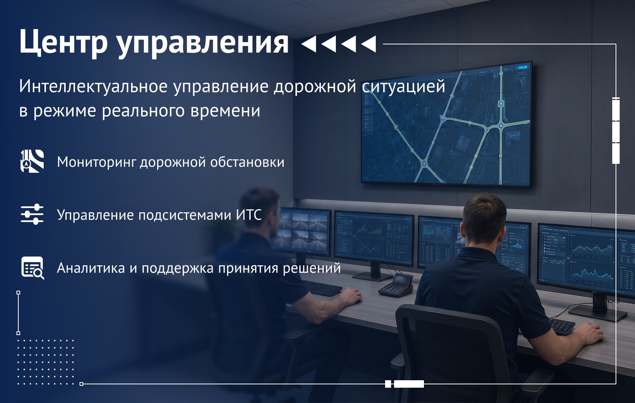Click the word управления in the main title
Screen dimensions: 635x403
(x=203, y=43)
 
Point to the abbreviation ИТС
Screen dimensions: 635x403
(x=249, y=215)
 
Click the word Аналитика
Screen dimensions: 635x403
(x=91, y=268)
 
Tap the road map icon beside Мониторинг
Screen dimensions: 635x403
(x=32, y=161)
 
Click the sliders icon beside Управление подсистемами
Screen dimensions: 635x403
(x=32, y=215)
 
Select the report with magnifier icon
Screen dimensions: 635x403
(x=33, y=268)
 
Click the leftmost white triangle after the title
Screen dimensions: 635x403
(x=309, y=44)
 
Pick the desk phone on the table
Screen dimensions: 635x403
(x=396, y=285)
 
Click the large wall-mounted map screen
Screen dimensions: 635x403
(x=446, y=124)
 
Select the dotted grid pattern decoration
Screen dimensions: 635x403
(x=46, y=362)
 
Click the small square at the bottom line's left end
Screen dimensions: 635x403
(x=81, y=384)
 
